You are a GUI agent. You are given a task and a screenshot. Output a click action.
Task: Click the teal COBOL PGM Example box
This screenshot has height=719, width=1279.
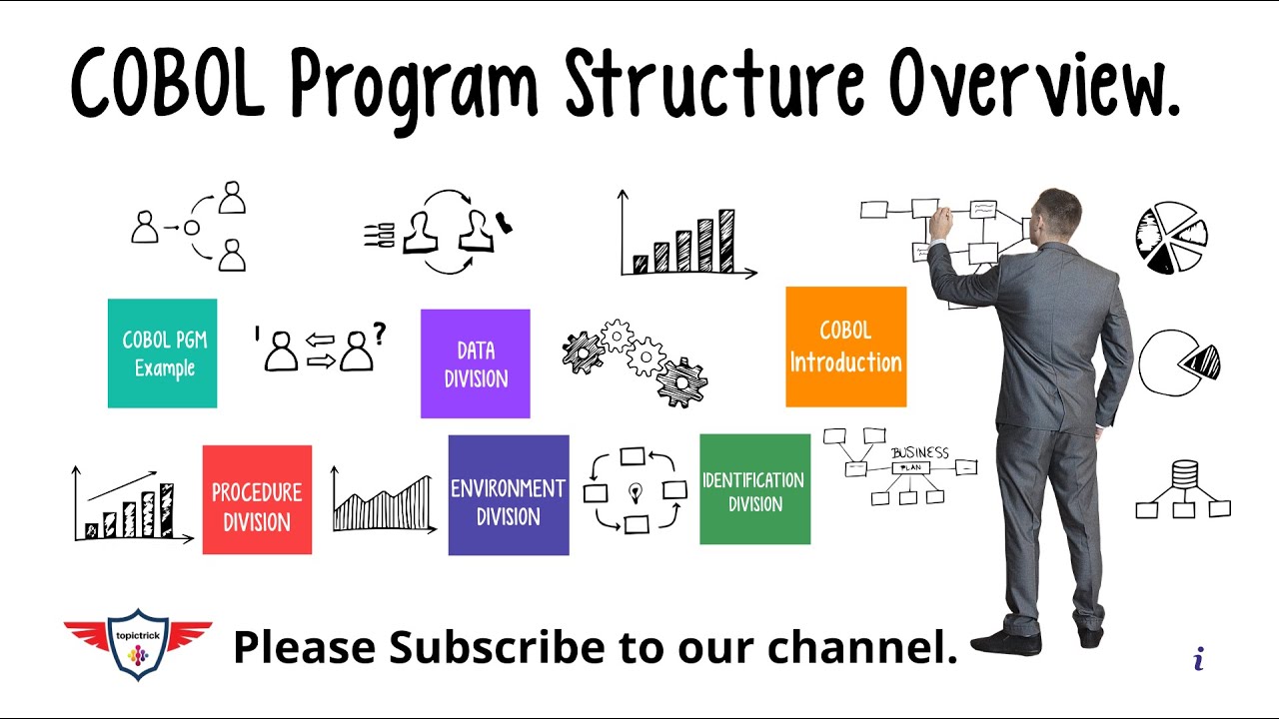(x=162, y=354)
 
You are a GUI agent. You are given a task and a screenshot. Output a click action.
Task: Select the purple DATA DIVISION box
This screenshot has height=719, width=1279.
(x=476, y=363)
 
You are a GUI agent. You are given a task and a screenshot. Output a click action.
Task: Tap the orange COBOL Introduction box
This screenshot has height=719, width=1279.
(x=845, y=347)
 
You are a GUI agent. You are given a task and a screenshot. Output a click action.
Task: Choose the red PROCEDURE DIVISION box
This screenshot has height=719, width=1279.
(x=257, y=499)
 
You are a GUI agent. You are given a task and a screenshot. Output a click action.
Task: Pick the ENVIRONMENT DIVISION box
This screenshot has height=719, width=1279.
(x=509, y=495)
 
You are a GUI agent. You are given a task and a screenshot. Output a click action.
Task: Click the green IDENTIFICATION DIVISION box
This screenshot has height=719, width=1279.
(x=754, y=489)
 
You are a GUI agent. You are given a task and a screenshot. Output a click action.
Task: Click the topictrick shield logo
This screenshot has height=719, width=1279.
(x=138, y=644)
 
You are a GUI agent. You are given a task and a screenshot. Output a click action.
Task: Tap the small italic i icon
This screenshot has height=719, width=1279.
(x=1199, y=658)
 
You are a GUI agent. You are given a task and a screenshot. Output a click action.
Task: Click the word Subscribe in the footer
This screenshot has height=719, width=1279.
(x=498, y=647)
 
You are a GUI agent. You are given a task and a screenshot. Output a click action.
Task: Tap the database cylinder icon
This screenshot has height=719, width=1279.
(x=1184, y=473)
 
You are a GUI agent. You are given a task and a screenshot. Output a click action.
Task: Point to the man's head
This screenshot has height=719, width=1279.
(x=1057, y=215)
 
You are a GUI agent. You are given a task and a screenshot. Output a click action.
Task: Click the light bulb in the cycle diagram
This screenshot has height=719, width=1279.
(x=635, y=491)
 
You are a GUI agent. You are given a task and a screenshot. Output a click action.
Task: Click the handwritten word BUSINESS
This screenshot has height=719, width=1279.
(x=919, y=452)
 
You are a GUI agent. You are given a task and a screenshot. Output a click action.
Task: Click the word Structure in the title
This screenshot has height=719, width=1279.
(x=713, y=85)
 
